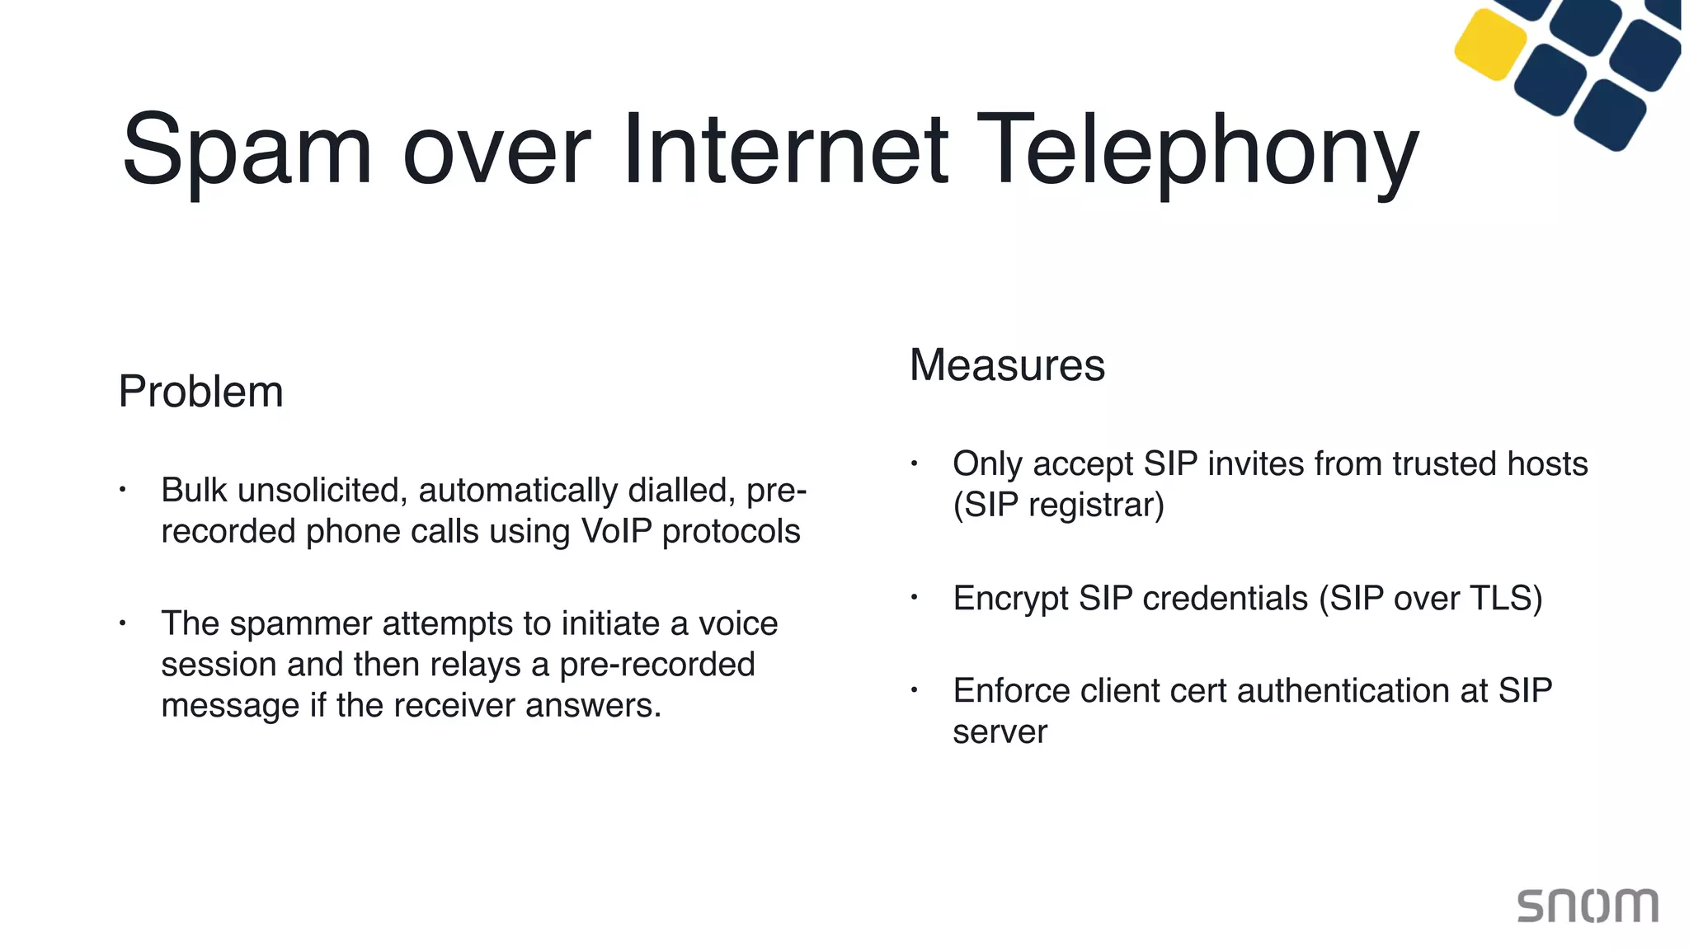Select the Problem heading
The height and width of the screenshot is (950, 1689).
[x=200, y=392]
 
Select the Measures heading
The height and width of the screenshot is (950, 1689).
[x=1007, y=365]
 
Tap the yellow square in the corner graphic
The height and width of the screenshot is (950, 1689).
[x=1490, y=45]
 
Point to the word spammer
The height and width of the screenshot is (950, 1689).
[x=301, y=624]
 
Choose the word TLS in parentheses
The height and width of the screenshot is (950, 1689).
[x=1503, y=599]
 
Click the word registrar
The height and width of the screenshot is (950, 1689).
[x=1094, y=506]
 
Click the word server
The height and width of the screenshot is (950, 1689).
[x=1000, y=732]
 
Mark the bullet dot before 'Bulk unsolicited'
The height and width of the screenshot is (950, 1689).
[x=122, y=490]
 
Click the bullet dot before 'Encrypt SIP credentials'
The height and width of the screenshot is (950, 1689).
[x=914, y=597]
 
